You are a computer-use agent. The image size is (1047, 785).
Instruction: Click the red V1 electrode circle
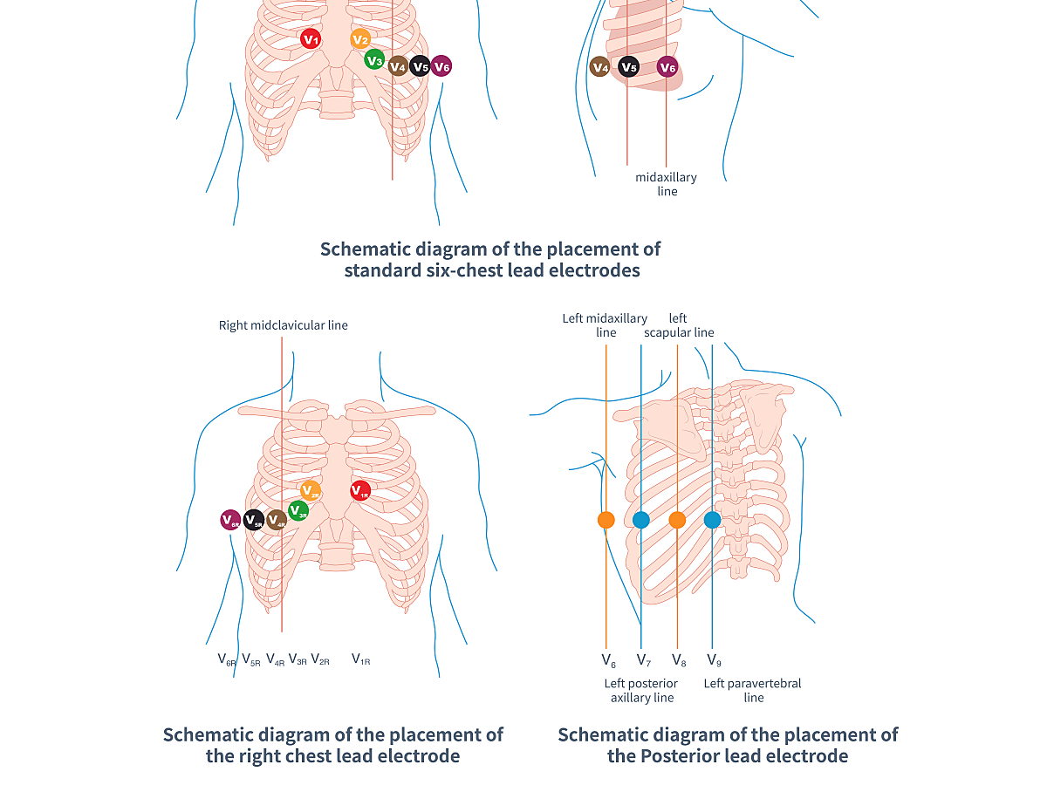click(310, 38)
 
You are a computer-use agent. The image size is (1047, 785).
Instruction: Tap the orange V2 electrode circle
click(360, 38)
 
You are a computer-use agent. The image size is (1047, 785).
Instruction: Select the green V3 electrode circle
click(374, 59)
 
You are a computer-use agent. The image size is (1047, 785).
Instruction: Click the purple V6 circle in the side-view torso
click(667, 67)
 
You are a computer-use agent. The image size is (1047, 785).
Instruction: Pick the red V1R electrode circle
click(360, 490)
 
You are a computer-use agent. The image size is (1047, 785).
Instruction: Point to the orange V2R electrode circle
click(311, 490)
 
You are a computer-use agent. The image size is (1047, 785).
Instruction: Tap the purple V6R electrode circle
click(230, 520)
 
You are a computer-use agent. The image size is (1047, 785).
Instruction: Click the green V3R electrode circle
click(298, 510)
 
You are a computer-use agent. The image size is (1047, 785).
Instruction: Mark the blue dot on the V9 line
click(712, 520)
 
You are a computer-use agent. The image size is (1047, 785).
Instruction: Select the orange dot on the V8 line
click(677, 520)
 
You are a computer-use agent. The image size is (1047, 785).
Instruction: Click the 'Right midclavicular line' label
click(284, 325)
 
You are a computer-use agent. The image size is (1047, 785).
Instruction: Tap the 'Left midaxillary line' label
click(605, 325)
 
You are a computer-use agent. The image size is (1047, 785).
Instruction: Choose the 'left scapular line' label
click(679, 325)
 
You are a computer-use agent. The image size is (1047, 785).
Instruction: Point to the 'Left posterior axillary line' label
click(641, 691)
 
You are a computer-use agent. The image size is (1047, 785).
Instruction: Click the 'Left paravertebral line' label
click(753, 691)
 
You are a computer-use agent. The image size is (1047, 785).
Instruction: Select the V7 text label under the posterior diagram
click(643, 660)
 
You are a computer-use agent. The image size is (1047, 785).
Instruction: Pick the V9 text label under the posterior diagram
click(714, 660)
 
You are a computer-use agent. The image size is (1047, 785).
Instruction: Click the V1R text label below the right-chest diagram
click(360, 659)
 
